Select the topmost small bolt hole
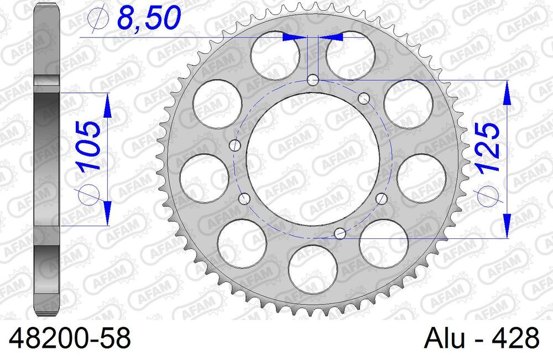pos(313,81)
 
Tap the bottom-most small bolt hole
pos(341,234)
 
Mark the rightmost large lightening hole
pos(422,178)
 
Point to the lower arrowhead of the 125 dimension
pos(506,227)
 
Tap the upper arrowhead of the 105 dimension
pos(107,105)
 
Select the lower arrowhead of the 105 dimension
pos(107,213)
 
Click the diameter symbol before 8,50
pos(97,20)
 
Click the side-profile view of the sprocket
pos(47,160)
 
